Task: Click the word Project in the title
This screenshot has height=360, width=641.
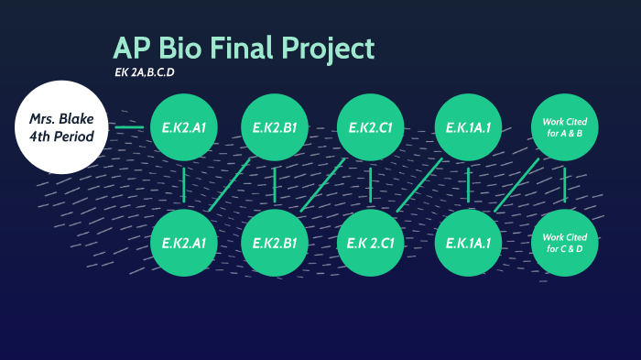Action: [x=326, y=49]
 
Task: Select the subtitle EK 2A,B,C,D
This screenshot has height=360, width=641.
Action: [x=143, y=73]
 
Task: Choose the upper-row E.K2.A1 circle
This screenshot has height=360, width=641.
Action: [x=184, y=127]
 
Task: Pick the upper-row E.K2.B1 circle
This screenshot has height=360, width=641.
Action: [x=275, y=127]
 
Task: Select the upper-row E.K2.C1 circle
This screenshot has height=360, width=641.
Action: [x=371, y=127]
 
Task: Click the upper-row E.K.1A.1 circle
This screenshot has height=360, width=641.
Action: [x=468, y=127]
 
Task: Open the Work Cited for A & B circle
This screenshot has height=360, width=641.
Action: [x=565, y=127]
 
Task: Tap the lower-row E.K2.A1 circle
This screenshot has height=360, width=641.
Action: [x=184, y=242]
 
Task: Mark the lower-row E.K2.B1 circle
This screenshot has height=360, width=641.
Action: [x=275, y=242]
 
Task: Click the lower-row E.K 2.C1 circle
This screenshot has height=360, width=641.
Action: [x=371, y=242]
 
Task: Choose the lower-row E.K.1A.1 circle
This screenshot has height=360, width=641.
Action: [x=468, y=242]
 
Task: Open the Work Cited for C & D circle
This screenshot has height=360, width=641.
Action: [x=565, y=242]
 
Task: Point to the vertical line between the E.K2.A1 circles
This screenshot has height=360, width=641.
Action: [x=184, y=184]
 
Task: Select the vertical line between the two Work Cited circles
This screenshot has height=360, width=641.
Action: [x=565, y=184]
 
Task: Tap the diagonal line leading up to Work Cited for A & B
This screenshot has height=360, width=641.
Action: [x=517, y=184]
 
